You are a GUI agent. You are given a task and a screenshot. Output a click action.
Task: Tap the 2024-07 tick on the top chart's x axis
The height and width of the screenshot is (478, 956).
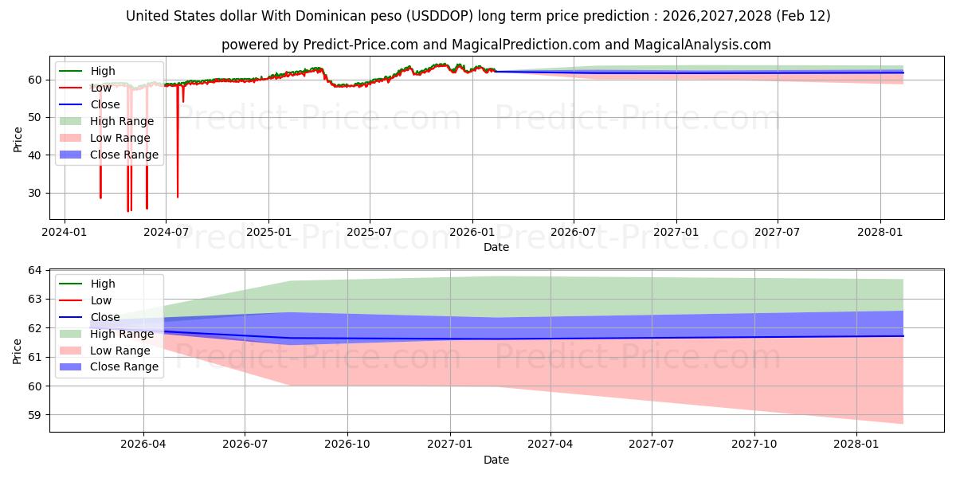pos(166,233)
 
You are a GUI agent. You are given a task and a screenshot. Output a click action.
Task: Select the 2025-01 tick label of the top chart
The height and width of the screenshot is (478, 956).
pos(268,233)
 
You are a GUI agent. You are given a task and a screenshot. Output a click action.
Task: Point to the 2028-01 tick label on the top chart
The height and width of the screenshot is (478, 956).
pos(880,233)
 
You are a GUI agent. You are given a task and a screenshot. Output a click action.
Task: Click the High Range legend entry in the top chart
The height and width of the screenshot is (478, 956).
pos(122,121)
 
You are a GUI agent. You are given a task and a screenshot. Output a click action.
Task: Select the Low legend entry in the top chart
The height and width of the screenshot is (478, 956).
pos(100,88)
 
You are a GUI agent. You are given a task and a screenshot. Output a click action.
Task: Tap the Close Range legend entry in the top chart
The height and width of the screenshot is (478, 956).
pos(123,155)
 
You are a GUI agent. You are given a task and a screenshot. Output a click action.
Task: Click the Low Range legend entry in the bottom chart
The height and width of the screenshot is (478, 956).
pos(119,351)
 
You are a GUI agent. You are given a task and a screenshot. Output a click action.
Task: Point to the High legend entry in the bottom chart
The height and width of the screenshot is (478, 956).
pos(102,284)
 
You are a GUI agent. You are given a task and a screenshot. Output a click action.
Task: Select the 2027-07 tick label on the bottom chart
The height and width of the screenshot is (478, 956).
pos(652,445)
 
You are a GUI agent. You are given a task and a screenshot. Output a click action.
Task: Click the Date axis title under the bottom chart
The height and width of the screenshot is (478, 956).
pos(496,460)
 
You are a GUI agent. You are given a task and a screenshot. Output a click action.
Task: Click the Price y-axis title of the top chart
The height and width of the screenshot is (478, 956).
pos(18,139)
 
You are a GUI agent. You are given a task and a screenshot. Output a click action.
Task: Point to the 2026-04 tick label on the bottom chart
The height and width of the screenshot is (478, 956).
pos(143,445)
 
